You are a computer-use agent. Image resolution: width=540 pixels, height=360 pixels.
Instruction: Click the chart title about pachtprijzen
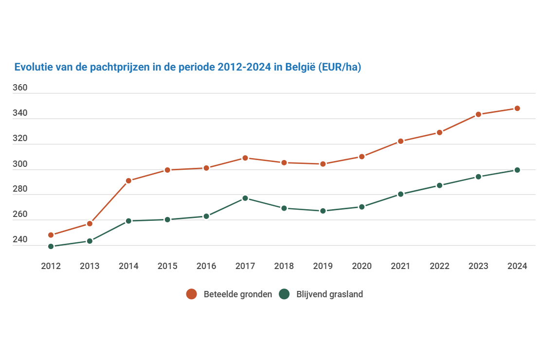click(187, 67)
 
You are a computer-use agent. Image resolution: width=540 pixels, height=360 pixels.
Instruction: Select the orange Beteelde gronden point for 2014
click(128, 180)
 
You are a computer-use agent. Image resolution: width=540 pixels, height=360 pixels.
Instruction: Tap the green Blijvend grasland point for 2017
click(245, 198)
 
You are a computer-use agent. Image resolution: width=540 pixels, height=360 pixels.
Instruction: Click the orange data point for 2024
click(517, 108)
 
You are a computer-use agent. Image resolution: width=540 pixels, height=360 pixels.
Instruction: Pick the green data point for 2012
click(51, 246)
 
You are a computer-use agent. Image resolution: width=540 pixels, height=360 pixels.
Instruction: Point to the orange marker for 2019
click(323, 164)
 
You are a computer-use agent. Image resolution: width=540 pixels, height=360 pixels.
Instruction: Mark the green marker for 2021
click(400, 194)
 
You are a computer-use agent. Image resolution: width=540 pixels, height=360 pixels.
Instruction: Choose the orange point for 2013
click(90, 224)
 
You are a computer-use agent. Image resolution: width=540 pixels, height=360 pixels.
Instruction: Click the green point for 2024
click(517, 170)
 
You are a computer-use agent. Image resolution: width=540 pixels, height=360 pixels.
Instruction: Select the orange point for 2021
click(400, 141)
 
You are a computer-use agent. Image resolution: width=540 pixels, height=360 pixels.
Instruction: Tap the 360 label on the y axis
click(20, 88)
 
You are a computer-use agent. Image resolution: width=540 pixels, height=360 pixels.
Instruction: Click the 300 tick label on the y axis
click(20, 164)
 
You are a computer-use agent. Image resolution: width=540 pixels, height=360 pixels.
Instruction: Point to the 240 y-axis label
click(20, 240)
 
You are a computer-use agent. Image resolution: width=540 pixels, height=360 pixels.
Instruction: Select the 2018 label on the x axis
click(284, 266)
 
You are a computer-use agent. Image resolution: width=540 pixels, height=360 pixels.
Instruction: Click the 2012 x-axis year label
click(51, 266)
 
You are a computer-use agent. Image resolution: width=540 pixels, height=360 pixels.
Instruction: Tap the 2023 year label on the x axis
click(478, 266)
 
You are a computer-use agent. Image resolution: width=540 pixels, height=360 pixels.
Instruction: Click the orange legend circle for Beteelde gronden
click(192, 294)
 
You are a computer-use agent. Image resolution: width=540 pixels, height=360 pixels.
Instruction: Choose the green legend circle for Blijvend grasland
click(284, 294)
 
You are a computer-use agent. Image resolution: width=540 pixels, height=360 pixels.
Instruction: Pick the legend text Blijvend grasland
click(329, 294)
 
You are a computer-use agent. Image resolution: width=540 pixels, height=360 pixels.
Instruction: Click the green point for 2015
click(167, 219)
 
